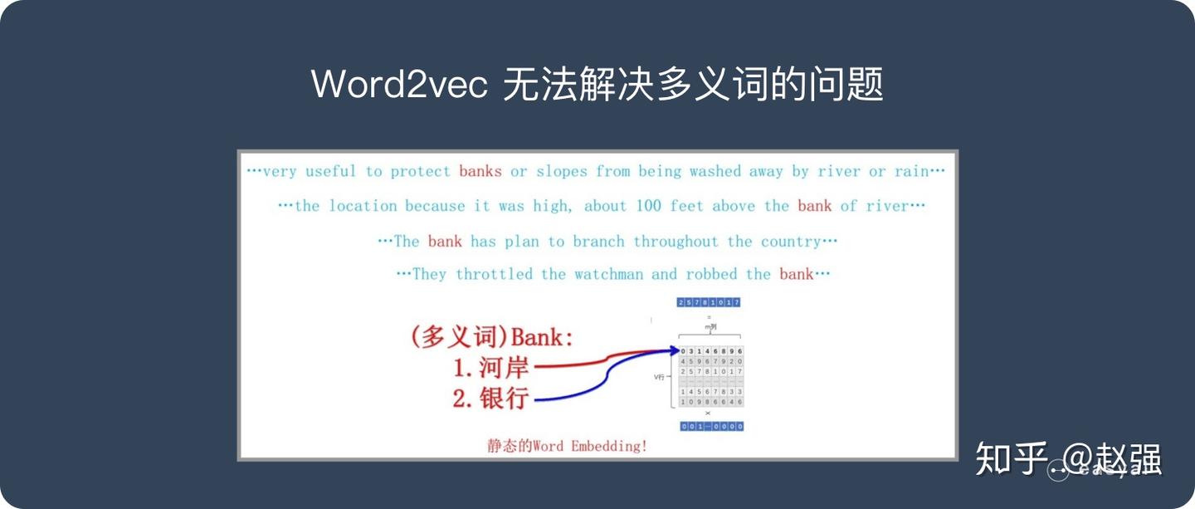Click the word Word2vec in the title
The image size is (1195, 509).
point(399,85)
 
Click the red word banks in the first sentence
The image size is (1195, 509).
point(480,172)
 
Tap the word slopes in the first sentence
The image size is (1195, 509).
point(562,172)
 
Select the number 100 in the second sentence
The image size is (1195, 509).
point(649,206)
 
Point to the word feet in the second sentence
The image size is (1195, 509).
point(688,206)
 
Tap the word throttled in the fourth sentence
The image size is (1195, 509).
point(494,274)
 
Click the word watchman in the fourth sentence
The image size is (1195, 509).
point(608,274)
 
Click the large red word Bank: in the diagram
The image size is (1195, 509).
point(542,338)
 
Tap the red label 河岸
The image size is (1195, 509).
point(503,367)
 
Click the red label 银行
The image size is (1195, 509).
point(503,398)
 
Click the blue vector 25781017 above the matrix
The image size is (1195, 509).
point(708,302)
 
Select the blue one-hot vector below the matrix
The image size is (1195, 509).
point(711,427)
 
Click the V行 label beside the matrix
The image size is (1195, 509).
point(660,377)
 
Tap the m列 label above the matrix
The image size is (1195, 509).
point(710,327)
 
